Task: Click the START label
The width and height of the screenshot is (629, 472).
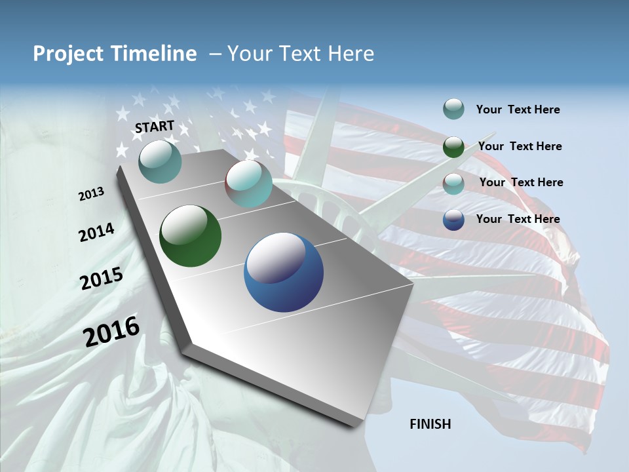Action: (x=155, y=127)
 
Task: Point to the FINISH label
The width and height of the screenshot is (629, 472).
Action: (x=430, y=424)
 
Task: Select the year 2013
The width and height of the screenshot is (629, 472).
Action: (x=91, y=194)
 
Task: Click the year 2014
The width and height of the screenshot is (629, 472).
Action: (x=96, y=233)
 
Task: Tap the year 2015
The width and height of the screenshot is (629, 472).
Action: (x=102, y=279)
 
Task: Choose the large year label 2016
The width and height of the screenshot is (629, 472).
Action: (x=111, y=332)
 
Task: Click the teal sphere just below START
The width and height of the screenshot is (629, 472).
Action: (x=160, y=161)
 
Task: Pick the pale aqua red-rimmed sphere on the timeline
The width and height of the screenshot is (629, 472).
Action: (x=248, y=184)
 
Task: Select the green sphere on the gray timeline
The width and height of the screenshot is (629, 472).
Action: (x=190, y=236)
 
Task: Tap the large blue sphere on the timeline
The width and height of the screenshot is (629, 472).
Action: (x=284, y=272)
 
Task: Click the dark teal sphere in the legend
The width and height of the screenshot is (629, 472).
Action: (x=453, y=109)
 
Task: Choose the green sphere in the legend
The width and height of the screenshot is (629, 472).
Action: (x=453, y=147)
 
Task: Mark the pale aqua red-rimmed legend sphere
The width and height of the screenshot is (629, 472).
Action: (x=453, y=184)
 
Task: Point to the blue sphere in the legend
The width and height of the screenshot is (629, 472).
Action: (x=453, y=220)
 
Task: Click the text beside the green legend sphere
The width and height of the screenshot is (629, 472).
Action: (x=520, y=146)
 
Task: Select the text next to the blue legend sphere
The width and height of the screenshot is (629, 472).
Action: (x=518, y=219)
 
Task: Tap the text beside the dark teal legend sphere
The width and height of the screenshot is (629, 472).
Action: (x=518, y=109)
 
